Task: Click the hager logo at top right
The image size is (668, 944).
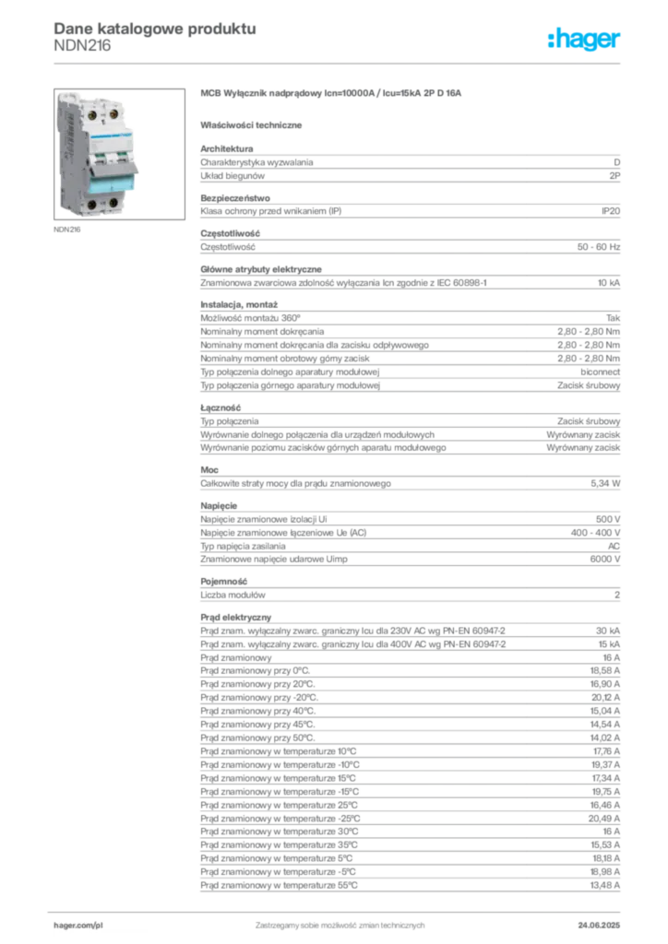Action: point(585,40)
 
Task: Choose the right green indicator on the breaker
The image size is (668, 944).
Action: point(113,155)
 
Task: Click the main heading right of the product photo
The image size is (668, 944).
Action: point(330,95)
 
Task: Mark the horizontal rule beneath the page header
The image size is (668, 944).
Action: point(339,63)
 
